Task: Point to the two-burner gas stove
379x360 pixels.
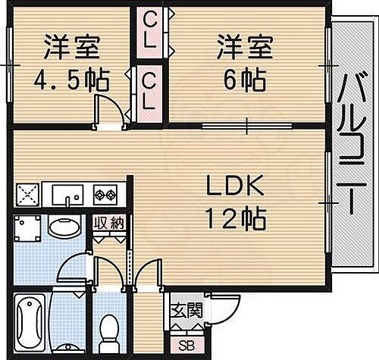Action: (x=104, y=196)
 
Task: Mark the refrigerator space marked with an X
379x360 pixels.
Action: (x=27, y=195)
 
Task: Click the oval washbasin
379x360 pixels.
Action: (x=66, y=227)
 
